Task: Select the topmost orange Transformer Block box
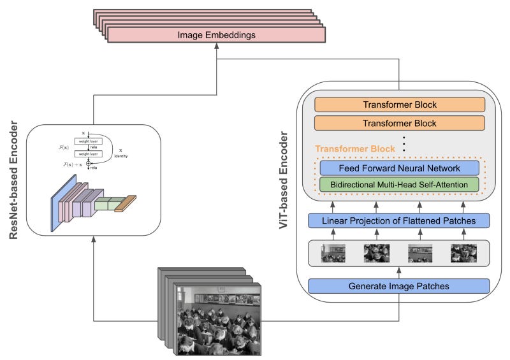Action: [x=399, y=104]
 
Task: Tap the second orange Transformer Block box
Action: [x=399, y=122]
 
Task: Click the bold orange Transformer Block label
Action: [x=355, y=148]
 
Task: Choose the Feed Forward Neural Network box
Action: [x=399, y=168]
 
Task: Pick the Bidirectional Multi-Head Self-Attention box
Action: [x=399, y=185]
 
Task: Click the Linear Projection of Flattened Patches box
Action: [x=399, y=220]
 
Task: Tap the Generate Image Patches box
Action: [x=399, y=285]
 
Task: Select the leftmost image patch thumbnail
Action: [x=333, y=253]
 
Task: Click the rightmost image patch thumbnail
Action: [x=463, y=253]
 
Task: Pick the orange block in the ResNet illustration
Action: [x=126, y=203]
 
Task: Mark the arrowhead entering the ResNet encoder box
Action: [x=93, y=238]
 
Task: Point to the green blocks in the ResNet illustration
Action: [x=108, y=203]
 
